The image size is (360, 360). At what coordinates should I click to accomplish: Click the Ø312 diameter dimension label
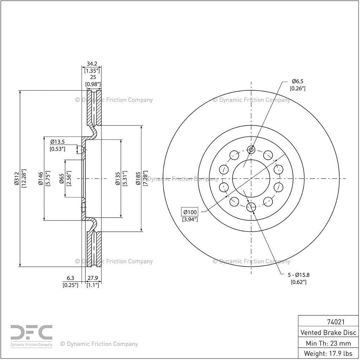(16, 178)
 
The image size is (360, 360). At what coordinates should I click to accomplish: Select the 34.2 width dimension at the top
(92, 64)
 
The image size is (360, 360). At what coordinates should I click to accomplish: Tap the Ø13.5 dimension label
(57, 142)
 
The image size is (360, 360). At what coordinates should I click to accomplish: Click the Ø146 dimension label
(41, 178)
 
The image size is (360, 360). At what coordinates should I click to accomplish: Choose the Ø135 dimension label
(117, 178)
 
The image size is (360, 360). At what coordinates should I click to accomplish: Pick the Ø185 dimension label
(138, 178)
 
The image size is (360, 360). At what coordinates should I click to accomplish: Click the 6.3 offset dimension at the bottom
(70, 278)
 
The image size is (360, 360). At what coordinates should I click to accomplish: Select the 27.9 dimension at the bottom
(93, 278)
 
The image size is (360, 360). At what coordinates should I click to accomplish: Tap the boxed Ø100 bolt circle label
(189, 212)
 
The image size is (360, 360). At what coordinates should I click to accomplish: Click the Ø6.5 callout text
(297, 81)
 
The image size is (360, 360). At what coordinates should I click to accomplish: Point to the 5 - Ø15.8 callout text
(299, 275)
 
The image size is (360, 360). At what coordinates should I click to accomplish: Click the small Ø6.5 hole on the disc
(251, 150)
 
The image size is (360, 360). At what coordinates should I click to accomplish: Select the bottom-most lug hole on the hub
(251, 207)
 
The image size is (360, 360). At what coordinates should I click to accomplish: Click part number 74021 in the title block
(336, 322)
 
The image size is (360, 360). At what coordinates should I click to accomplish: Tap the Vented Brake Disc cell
(328, 333)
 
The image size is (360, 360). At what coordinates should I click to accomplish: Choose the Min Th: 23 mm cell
(328, 343)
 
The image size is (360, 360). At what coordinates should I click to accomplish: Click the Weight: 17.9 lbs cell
(328, 353)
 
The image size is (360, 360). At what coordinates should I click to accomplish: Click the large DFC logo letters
(31, 332)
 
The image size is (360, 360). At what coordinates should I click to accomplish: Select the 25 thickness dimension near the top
(93, 77)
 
